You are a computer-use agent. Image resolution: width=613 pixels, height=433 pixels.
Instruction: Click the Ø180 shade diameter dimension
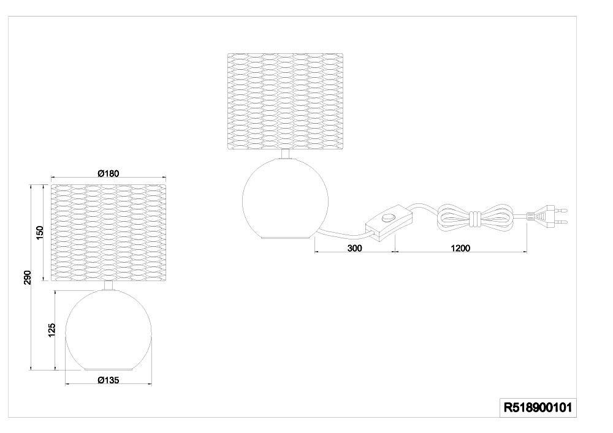[109, 173]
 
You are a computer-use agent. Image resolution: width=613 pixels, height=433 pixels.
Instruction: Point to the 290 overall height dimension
[27, 277]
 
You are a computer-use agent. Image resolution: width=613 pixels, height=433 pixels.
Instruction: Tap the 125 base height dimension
[51, 330]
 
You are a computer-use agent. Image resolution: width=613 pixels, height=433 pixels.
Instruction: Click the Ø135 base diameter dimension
[109, 380]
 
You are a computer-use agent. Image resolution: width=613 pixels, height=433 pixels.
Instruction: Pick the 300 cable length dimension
[354, 248]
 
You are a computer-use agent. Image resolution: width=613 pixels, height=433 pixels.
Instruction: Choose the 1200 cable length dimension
[460, 248]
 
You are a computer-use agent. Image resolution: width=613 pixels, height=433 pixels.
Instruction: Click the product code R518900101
[538, 408]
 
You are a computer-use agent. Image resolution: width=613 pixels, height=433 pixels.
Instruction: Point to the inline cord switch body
[388, 222]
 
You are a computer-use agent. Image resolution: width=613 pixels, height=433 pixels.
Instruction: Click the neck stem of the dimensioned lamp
[109, 285]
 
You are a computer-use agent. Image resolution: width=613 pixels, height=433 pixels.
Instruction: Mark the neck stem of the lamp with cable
[286, 154]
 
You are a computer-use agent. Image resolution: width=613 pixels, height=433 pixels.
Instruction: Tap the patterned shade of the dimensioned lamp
[109, 233]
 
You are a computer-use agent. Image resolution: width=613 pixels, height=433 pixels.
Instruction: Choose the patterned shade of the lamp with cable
[286, 102]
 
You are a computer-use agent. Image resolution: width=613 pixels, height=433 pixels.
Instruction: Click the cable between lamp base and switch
[343, 235]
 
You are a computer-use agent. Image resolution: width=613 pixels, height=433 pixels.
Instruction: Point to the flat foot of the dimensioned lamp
[109, 369]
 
